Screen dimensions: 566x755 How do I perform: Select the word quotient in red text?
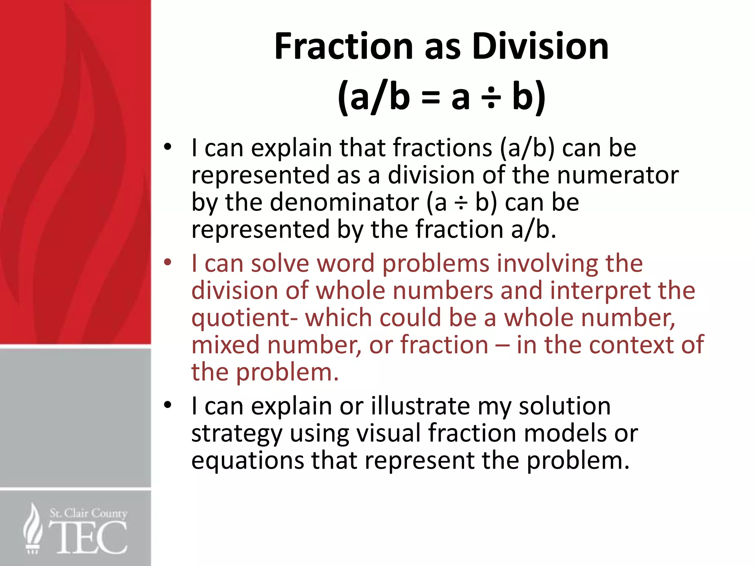(241, 318)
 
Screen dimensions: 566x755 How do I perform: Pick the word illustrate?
(420, 406)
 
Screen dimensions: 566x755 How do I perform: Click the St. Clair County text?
(88, 513)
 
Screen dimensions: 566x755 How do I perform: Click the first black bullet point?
(168, 147)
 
